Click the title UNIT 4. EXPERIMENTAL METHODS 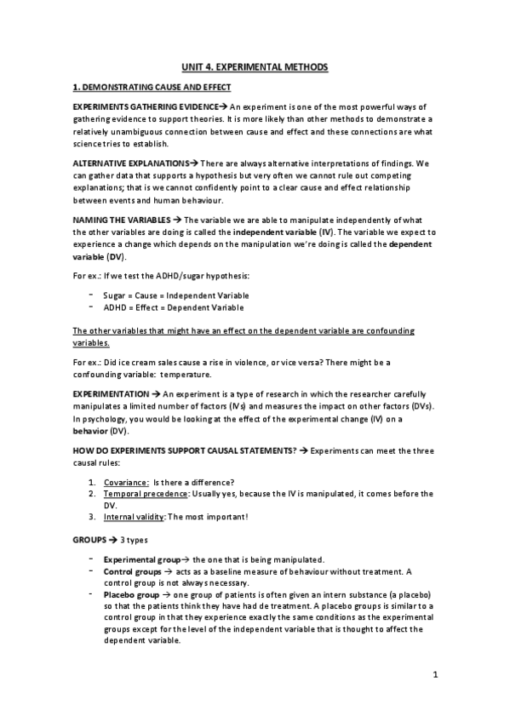[255, 66]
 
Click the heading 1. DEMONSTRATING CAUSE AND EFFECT [152, 88]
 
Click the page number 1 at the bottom [434, 677]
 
